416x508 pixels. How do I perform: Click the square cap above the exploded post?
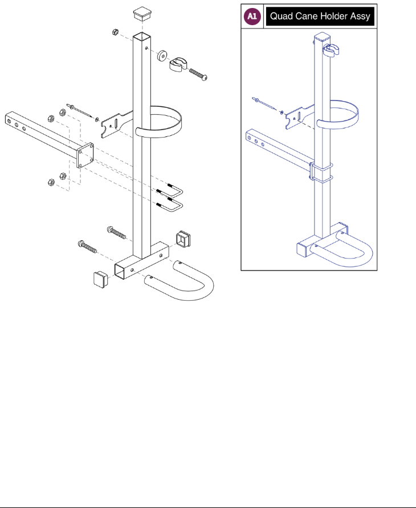[x=141, y=13]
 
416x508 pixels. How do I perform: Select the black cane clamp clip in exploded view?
[x=180, y=64]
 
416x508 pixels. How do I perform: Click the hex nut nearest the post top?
[x=115, y=33]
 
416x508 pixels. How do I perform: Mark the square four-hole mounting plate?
[x=85, y=155]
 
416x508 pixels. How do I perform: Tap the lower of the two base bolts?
[x=87, y=247]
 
